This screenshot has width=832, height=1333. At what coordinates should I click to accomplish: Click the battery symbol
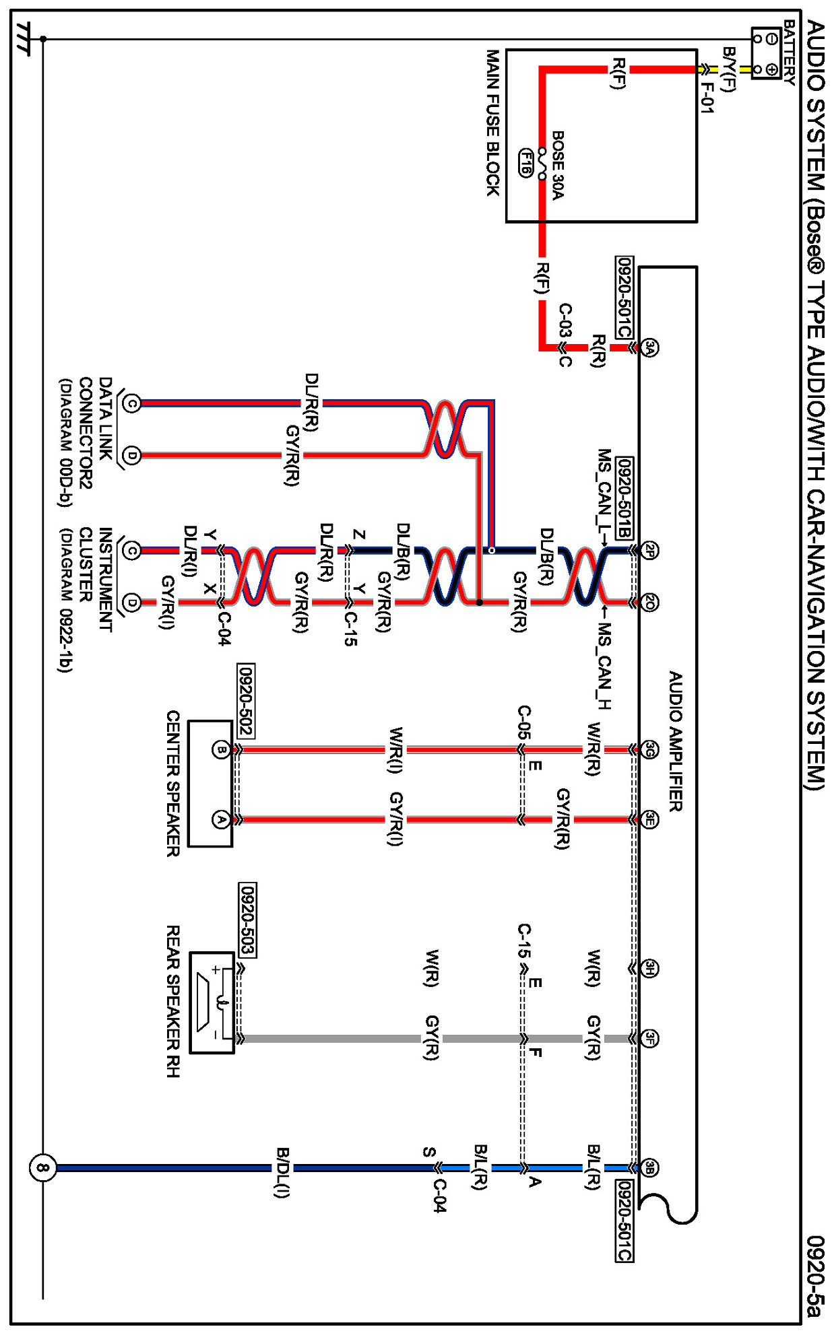point(765,53)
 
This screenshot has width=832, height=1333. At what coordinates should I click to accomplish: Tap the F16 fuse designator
point(525,163)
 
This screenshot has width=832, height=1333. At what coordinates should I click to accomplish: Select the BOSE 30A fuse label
point(558,165)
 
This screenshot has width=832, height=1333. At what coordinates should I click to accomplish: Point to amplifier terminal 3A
point(649,347)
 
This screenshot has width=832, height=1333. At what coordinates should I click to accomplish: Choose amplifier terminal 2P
point(649,551)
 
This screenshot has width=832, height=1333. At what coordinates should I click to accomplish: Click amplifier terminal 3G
point(649,749)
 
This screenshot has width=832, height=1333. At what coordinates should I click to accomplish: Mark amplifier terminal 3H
point(649,968)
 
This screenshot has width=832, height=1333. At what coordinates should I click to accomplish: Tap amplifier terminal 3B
point(649,1167)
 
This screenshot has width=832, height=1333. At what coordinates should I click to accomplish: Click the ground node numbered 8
point(42,1167)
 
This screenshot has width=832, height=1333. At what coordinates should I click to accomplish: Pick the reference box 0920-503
point(247,920)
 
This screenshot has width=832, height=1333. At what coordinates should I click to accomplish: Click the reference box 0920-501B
point(624,498)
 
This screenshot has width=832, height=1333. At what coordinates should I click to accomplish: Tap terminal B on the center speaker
point(220,749)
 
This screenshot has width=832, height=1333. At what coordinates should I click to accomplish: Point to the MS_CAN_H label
point(604,666)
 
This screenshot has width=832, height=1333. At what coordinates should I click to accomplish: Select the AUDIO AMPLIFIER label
point(675,741)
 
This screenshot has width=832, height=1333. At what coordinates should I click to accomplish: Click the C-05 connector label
point(523,723)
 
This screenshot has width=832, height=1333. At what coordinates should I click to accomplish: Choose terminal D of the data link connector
point(132,456)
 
